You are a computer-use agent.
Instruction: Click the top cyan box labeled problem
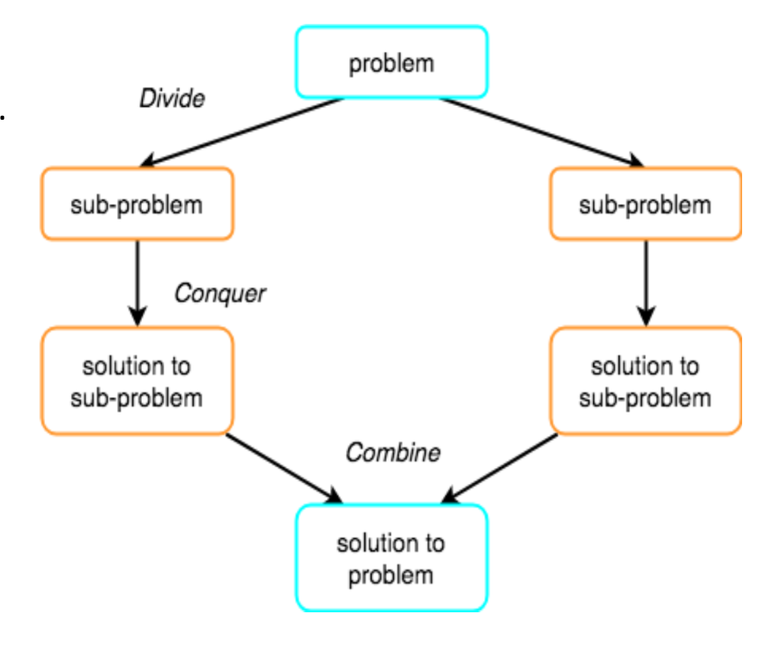pos(391,63)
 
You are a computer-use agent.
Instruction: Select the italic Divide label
pos(172,99)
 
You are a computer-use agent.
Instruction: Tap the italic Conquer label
pos(220,294)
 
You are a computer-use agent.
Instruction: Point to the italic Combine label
pos(393,452)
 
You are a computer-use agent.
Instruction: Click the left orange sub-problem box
pos(137,204)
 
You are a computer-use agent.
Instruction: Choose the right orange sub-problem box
pos(645,204)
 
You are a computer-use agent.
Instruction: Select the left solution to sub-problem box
pos(137,381)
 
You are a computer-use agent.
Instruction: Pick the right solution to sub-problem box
pos(645,381)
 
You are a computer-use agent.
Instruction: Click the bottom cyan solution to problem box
pos(391,558)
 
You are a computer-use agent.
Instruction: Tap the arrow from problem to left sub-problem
pos(244,131)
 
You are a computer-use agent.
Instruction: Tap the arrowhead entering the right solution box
pos(646,316)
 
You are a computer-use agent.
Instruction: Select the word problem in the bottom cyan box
pos(391,574)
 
